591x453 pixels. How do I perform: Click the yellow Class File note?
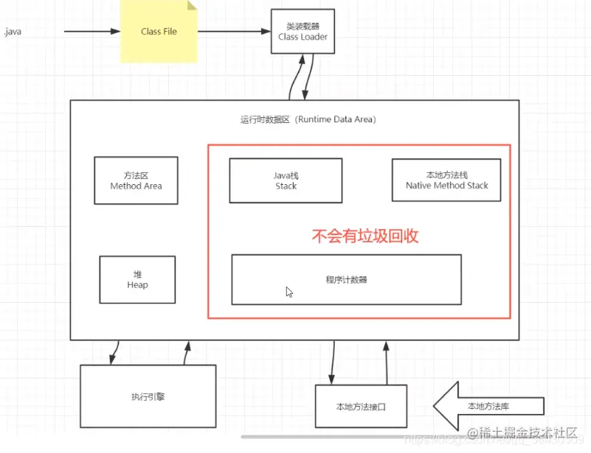click(159, 32)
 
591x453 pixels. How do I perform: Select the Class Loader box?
click(303, 31)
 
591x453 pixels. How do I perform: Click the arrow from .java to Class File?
click(92, 32)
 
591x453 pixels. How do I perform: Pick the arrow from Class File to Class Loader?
click(235, 32)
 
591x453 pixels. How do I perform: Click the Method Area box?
click(136, 180)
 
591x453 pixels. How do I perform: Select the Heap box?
click(137, 280)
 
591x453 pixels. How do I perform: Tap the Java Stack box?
click(286, 180)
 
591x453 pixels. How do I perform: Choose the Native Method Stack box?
click(446, 180)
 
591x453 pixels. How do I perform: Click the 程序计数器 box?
click(346, 279)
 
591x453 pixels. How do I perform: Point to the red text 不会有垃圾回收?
click(365, 236)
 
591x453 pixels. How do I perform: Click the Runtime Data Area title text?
click(308, 119)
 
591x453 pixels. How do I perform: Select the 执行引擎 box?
click(148, 396)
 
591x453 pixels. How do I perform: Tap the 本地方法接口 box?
click(361, 406)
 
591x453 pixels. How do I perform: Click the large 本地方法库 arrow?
click(487, 406)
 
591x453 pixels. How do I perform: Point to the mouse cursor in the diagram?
click(289, 292)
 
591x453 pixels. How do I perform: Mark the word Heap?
click(137, 285)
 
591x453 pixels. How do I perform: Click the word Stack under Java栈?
click(286, 186)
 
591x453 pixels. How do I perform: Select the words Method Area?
click(136, 186)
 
